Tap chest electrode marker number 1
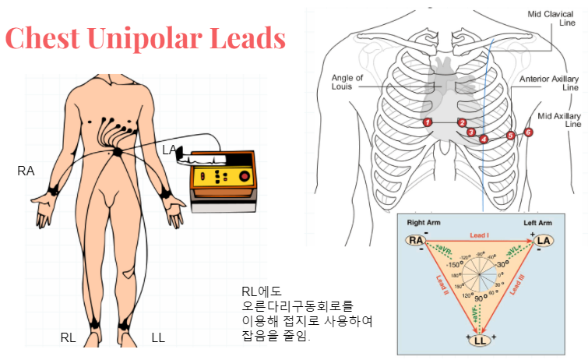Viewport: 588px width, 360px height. [x=427, y=122]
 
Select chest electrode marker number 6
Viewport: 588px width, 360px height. [x=529, y=132]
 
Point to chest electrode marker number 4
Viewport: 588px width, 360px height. [x=484, y=139]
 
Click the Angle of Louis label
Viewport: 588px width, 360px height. [x=347, y=83]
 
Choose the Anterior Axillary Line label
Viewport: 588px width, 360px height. [x=549, y=83]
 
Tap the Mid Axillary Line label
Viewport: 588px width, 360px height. [x=560, y=120]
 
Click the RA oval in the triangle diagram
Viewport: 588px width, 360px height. [x=417, y=240]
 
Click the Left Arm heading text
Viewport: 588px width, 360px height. [x=538, y=224]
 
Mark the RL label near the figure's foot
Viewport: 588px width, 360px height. [x=69, y=337]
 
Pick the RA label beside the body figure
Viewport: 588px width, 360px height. [x=26, y=170]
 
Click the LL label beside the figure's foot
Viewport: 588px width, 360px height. [x=158, y=337]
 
